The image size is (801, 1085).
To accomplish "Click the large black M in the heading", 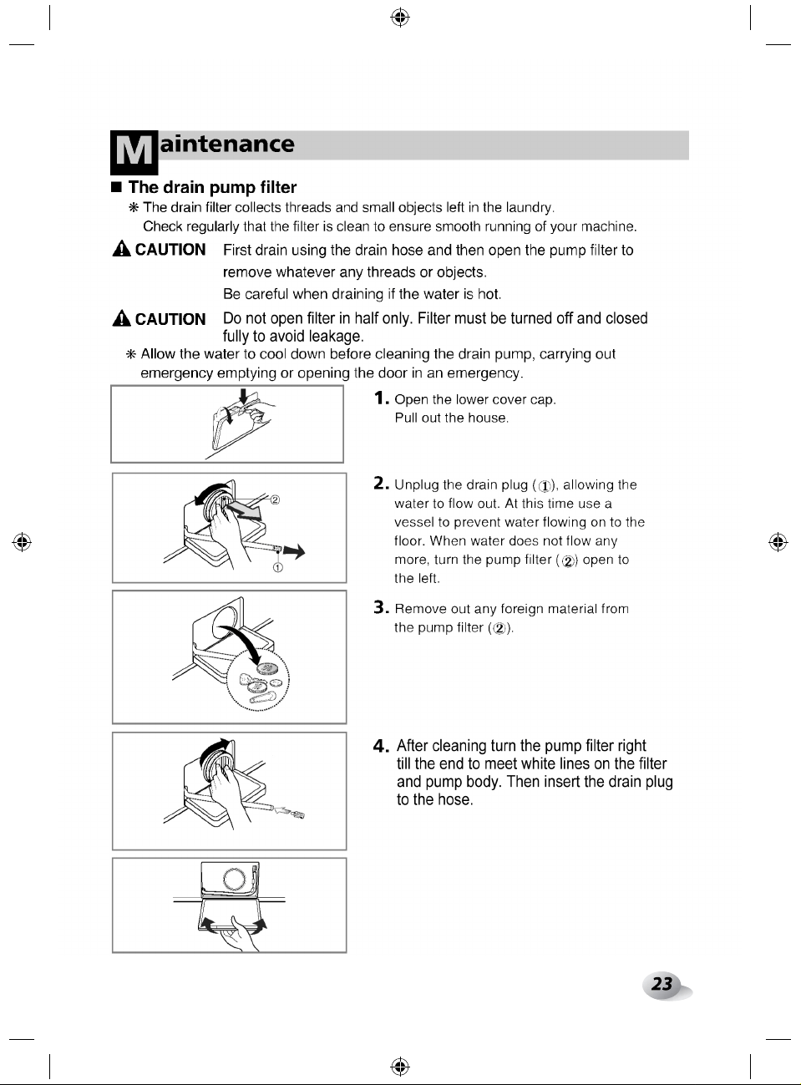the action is tap(134, 152).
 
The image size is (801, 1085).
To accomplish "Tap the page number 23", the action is tap(662, 984).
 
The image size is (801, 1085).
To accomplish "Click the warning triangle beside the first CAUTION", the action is tap(121, 249).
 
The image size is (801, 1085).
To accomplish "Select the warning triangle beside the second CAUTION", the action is tap(121, 318).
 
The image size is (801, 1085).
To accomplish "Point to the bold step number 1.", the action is tap(381, 398).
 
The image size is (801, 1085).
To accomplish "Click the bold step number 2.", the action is tap(381, 484).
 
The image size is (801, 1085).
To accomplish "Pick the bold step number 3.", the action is tap(381, 607).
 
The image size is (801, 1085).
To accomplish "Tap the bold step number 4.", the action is tap(381, 747).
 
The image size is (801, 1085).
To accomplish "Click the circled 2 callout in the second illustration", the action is tap(275, 499).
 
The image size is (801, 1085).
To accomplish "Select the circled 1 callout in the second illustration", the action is tap(278, 567).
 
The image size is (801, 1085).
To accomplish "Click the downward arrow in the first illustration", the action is tap(243, 397).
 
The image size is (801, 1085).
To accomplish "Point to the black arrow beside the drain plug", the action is tap(294, 552).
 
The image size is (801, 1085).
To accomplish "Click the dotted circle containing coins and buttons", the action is tap(258, 681).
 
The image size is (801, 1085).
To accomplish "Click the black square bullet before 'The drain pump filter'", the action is tap(116, 187).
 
